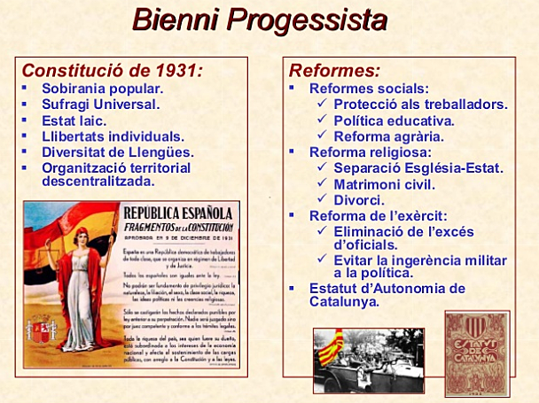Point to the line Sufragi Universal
point(100,105)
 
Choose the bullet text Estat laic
point(74,120)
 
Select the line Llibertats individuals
point(113,136)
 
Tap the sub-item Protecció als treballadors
point(420,105)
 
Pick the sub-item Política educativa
point(394,120)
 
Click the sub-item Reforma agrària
point(388,136)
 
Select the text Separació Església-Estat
point(418,167)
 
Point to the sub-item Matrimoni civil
point(384,183)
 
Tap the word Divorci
point(358,199)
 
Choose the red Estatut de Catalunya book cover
point(476,352)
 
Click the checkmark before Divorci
point(324,199)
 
